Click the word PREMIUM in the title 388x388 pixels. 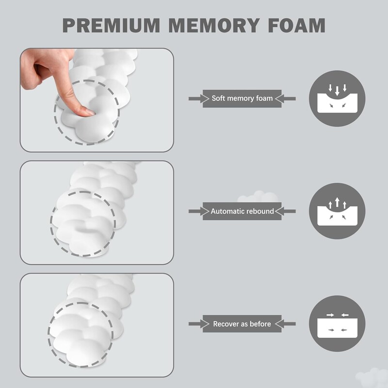pyautogui.click(x=112, y=25)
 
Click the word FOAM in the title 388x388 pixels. pyautogui.click(x=296, y=25)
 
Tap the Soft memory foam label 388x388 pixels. pyautogui.click(x=242, y=98)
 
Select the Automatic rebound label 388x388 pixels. pyautogui.click(x=242, y=211)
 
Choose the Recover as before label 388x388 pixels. pyautogui.click(x=242, y=323)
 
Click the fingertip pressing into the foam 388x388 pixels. pyautogui.click(x=88, y=112)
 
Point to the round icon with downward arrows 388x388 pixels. pyautogui.click(x=337, y=98)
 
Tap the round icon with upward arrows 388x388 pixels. pyautogui.click(x=337, y=211)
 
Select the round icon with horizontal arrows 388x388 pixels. pyautogui.click(x=337, y=323)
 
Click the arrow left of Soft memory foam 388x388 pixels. pyautogui.click(x=195, y=98)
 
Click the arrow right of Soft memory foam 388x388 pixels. pyautogui.click(x=289, y=98)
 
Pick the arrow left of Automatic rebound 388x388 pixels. pyautogui.click(x=195, y=211)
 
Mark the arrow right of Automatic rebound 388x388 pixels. pyautogui.click(x=289, y=211)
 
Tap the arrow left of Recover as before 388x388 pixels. pyautogui.click(x=195, y=323)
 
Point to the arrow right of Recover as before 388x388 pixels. pyautogui.click(x=289, y=323)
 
